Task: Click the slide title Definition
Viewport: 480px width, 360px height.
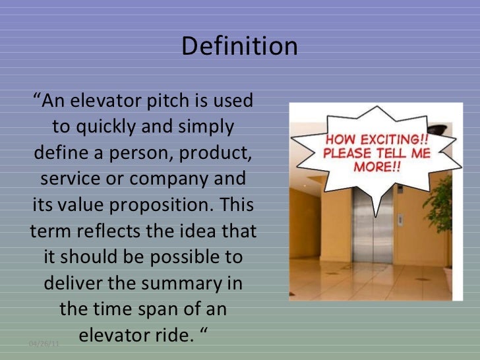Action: [x=239, y=47]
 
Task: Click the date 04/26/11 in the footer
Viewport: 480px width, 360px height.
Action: [x=45, y=344]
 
